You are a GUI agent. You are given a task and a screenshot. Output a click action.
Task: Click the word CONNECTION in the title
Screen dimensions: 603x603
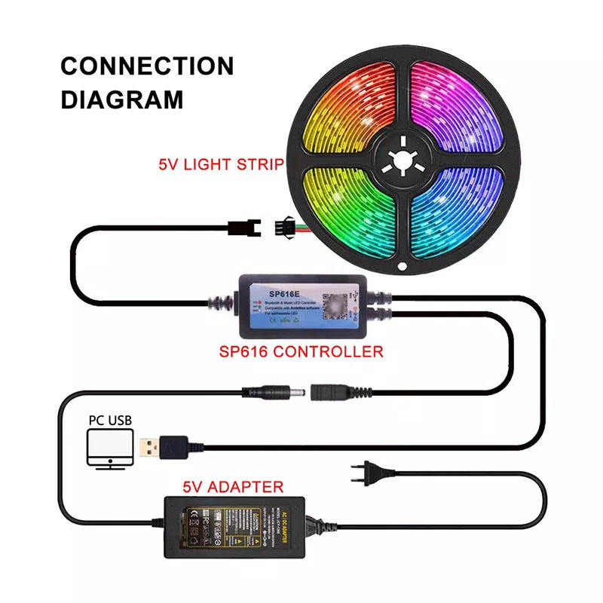pos(147,66)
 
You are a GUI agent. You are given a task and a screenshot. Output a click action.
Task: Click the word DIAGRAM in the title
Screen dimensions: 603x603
pos(122,99)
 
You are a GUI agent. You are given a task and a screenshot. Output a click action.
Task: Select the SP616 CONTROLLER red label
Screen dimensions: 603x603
pos(301,350)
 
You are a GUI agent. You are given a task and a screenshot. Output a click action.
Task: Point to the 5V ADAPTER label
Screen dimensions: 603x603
pos(233,487)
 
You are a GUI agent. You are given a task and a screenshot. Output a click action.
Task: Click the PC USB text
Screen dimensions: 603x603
pos(109,419)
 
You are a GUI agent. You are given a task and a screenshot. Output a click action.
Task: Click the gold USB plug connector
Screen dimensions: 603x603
pos(148,448)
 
